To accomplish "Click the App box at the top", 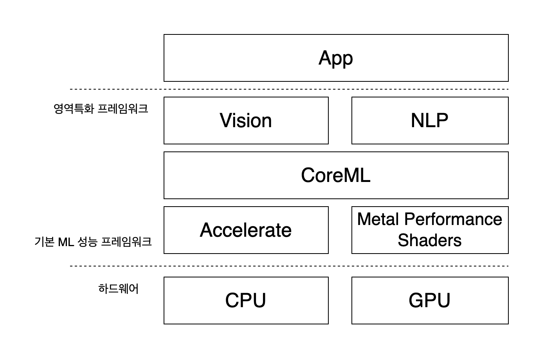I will (336, 58).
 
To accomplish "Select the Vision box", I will (246, 121).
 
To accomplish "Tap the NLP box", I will (430, 121).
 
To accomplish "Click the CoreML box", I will (336, 175).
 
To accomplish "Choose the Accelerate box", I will (246, 230).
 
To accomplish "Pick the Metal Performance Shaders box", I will (430, 230).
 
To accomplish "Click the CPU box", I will (246, 301).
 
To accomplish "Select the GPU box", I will (430, 301).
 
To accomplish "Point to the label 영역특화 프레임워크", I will (101, 108).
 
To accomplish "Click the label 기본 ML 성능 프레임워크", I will (93, 242).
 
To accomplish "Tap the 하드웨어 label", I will (118, 289).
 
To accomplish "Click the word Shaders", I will (430, 240).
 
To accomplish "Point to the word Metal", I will (378, 219).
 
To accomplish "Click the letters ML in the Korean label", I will (66, 242).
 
